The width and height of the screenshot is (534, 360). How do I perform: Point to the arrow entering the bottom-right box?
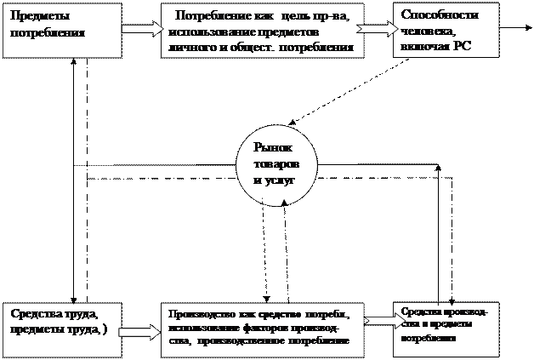380,322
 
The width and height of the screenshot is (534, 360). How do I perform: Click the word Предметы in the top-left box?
35,16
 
